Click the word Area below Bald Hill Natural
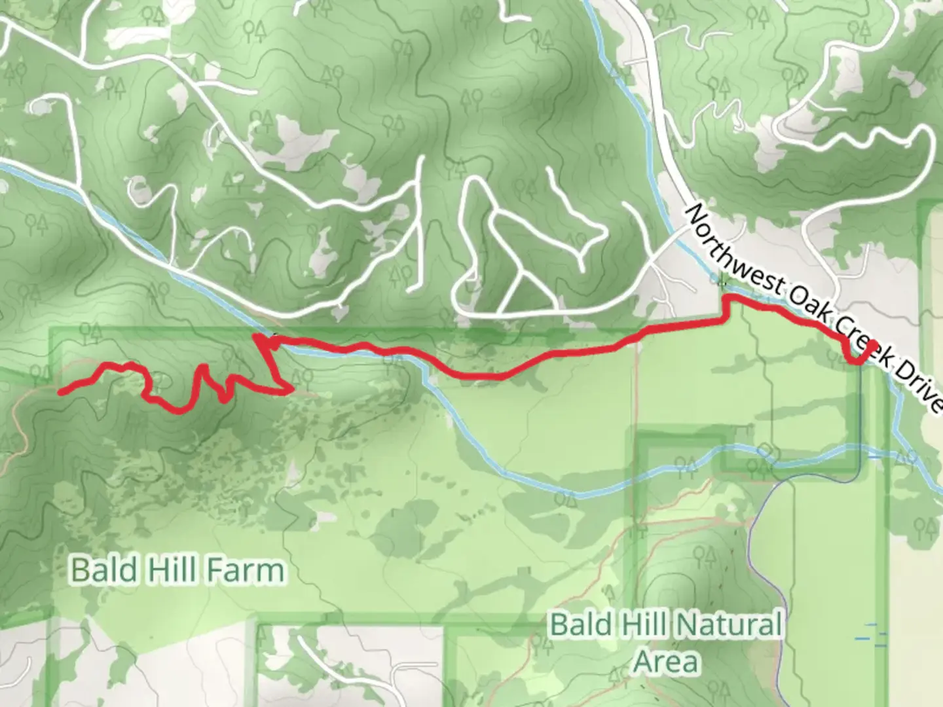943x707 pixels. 667,661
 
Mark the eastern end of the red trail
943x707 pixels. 873,344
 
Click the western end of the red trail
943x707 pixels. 61,392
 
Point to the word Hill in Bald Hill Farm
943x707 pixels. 168,570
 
